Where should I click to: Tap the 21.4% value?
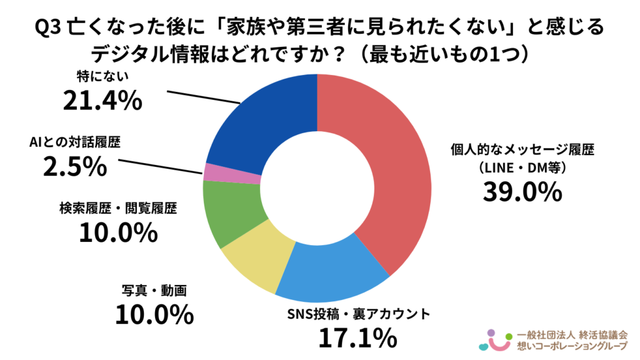coord(102,100)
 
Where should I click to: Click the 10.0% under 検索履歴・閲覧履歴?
coord(117,232)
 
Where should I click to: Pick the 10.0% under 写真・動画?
coord(153,314)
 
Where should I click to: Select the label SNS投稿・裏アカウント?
coord(357,313)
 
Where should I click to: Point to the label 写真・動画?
coord(154,291)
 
